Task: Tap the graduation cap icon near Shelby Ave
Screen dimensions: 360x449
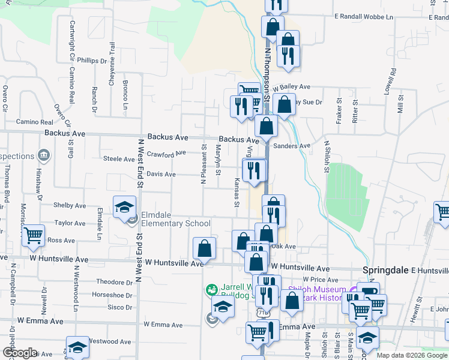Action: click(x=124, y=207)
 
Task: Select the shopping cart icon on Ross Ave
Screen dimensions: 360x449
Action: click(x=34, y=235)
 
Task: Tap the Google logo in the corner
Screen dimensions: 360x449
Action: click(x=20, y=353)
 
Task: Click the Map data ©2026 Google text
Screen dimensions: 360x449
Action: click(x=412, y=355)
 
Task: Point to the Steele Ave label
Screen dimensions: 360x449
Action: click(x=119, y=159)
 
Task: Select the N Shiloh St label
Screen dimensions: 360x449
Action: click(x=327, y=156)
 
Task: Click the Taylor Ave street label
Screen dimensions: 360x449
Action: click(x=70, y=223)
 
